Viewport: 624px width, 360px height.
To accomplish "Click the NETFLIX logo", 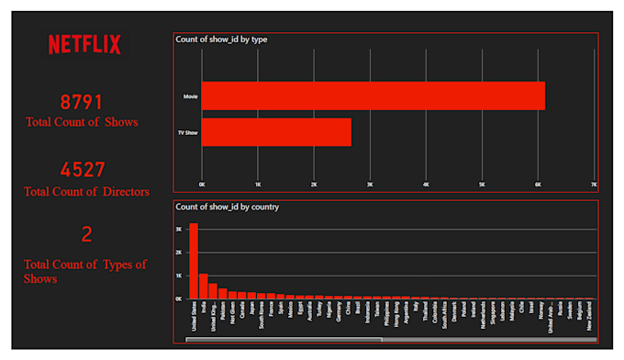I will pyautogui.click(x=84, y=44).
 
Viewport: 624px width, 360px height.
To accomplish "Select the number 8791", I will pyautogui.click(x=82, y=102).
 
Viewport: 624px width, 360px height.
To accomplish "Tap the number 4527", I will pyautogui.click(x=83, y=170).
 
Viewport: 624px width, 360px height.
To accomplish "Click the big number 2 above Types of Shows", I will pyautogui.click(x=86, y=235).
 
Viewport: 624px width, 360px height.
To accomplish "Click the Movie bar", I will pyautogui.click(x=373, y=96).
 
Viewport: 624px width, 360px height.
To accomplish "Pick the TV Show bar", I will pyautogui.click(x=276, y=132).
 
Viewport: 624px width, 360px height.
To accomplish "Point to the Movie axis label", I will pyautogui.click(x=191, y=96).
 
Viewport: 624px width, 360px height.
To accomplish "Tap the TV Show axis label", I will pyautogui.click(x=188, y=132).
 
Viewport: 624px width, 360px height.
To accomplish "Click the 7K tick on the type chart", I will pyautogui.click(x=594, y=185).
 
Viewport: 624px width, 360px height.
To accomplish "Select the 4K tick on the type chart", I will pyautogui.click(x=426, y=185).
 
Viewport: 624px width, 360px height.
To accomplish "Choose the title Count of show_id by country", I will pyautogui.click(x=227, y=207).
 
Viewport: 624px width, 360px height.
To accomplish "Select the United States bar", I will pyautogui.click(x=194, y=261).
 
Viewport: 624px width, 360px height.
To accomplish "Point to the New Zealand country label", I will pyautogui.click(x=588, y=318).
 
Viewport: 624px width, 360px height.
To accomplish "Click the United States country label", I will pyautogui.click(x=194, y=318).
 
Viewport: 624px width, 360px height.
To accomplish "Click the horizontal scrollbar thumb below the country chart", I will pyautogui.click(x=283, y=339).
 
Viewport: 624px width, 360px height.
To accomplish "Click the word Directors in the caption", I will pyautogui.click(x=115, y=191).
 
